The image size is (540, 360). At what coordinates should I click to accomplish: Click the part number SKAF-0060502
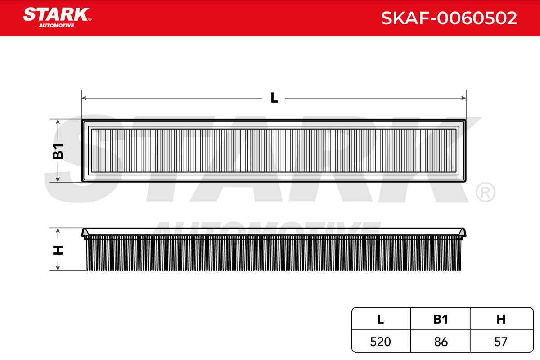click(x=449, y=18)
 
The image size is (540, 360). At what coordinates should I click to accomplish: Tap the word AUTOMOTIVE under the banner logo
click(x=57, y=25)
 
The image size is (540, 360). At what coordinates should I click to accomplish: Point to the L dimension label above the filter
click(x=274, y=98)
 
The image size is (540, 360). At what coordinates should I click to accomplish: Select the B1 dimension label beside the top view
click(x=58, y=151)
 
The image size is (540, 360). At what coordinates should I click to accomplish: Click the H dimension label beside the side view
click(x=58, y=250)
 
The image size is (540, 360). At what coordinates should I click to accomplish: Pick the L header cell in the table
click(x=380, y=319)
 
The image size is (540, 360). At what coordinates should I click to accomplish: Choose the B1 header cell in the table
click(x=441, y=319)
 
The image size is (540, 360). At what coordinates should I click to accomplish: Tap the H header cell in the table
click(x=501, y=319)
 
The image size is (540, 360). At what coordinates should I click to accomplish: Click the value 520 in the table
click(x=380, y=342)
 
